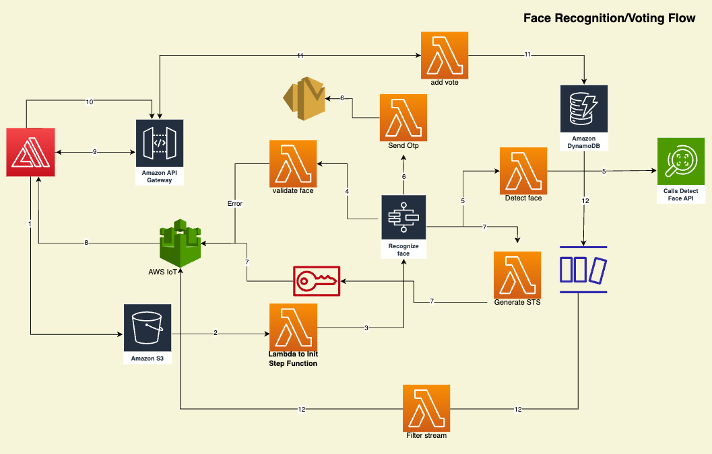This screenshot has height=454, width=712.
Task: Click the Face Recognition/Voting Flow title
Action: [x=609, y=18]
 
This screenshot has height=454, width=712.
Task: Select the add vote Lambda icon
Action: [x=444, y=54]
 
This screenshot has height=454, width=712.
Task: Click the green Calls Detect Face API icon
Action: [x=680, y=161]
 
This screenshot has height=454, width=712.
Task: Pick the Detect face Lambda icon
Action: [x=523, y=171]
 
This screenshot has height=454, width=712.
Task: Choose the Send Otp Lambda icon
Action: [x=403, y=117]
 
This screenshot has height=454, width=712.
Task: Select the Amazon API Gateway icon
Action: [x=160, y=143]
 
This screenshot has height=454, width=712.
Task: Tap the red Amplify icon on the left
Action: [x=30, y=153]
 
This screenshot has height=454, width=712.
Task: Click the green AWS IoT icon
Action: [x=181, y=243]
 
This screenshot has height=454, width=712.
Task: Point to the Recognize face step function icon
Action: [x=403, y=218]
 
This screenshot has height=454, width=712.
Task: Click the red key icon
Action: [x=317, y=280]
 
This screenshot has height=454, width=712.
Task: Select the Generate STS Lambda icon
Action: [x=517, y=274]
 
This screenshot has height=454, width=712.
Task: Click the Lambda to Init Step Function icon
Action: [x=293, y=327]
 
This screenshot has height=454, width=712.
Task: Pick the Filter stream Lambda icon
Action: [x=426, y=408]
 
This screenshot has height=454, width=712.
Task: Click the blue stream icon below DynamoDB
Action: [x=583, y=269]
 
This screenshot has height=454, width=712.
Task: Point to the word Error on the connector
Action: [x=234, y=202]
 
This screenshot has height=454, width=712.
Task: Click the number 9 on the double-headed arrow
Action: [x=95, y=152]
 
